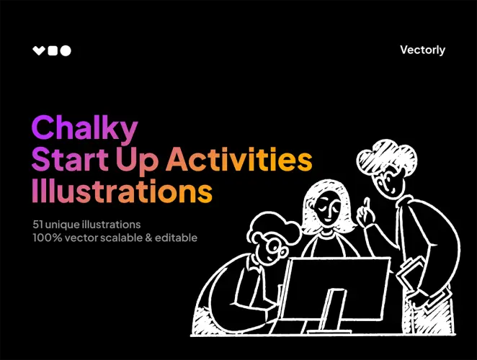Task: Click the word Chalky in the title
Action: tap(85, 128)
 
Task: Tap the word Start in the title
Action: tap(63, 160)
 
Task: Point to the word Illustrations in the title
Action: tap(122, 191)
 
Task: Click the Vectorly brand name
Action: tap(422, 50)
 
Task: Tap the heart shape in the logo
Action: tap(39, 50)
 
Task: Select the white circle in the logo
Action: tap(66, 50)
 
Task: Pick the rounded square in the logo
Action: tap(52, 50)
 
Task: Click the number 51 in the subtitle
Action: tap(37, 224)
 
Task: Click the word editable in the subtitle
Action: tap(177, 237)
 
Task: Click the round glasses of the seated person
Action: tap(273, 249)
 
